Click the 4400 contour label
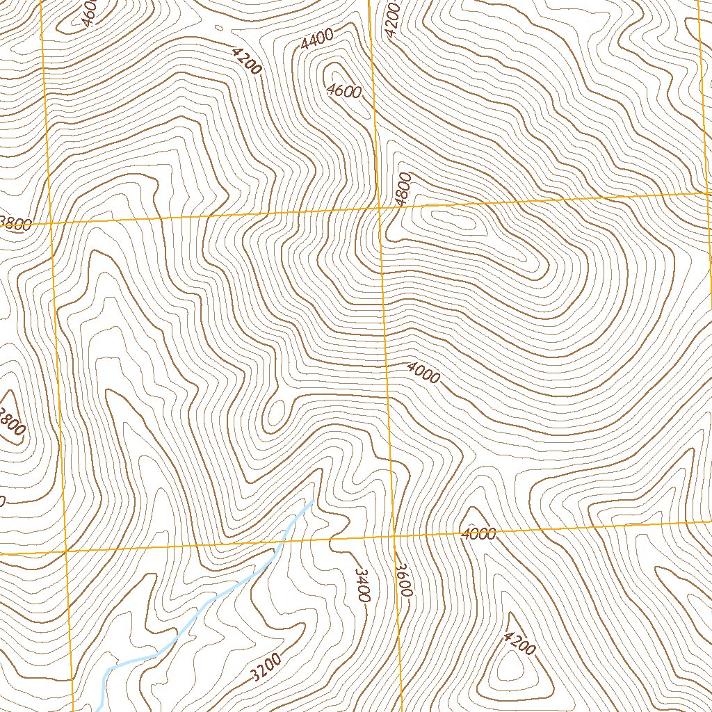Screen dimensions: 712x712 (x=317, y=41)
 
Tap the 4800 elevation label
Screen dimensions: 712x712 (x=403, y=188)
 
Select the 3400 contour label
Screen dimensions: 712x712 (x=362, y=585)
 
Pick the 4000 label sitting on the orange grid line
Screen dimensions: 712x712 (x=479, y=534)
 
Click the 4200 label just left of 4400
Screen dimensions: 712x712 (x=247, y=60)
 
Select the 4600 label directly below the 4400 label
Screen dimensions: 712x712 (x=343, y=91)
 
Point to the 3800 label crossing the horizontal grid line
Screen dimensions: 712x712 (x=15, y=224)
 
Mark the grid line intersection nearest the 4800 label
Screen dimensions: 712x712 (x=379, y=208)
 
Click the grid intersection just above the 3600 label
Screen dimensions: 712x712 (x=394, y=537)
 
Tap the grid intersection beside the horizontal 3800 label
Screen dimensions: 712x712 (x=52, y=223)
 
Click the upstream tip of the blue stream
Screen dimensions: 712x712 (x=311, y=501)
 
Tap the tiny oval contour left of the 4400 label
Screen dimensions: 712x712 (x=220, y=29)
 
